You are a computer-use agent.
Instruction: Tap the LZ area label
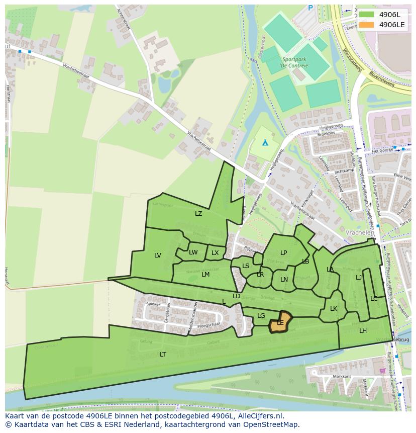point(198,214)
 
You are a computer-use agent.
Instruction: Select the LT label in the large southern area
point(163,355)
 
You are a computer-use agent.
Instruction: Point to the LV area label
point(158,255)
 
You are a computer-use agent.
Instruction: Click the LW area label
point(193,252)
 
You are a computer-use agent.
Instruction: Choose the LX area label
point(215,253)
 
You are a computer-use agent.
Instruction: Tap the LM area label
point(205,275)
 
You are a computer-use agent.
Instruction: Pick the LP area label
point(283,253)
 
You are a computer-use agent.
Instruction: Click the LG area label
point(261,316)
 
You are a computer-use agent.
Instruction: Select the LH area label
point(363,331)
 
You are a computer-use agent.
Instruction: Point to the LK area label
point(334,309)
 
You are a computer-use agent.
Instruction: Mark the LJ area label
point(359,278)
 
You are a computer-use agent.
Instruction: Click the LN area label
point(284,280)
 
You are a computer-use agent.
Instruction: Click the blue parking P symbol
point(310,8)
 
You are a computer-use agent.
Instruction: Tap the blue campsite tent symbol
point(265,143)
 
